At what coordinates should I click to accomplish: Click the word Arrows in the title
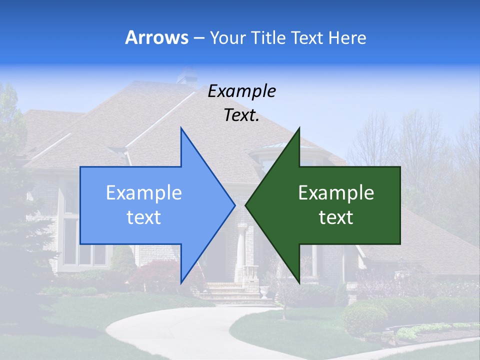coord(156,37)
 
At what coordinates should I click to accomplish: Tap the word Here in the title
coord(347,37)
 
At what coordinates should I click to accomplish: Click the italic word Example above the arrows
coord(241,91)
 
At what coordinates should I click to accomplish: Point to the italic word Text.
coord(241,115)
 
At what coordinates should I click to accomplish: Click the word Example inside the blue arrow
coord(144,192)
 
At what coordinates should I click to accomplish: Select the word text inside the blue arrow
coord(144,217)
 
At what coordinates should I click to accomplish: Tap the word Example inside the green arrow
coord(336,192)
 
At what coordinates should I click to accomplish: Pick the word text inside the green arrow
coord(336,217)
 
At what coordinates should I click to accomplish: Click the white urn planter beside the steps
coord(263,292)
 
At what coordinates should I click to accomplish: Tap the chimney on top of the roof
coord(186,75)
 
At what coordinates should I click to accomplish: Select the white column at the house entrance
coord(242,250)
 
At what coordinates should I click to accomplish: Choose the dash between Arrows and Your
coord(198,38)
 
